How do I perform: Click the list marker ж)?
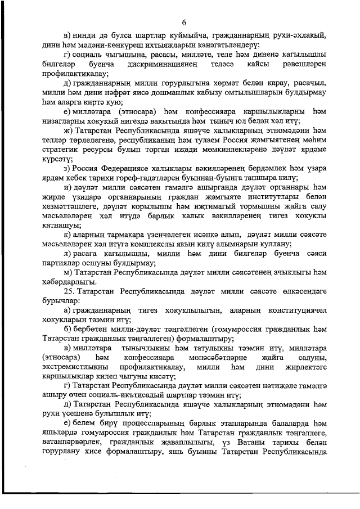[x=69, y=130]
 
